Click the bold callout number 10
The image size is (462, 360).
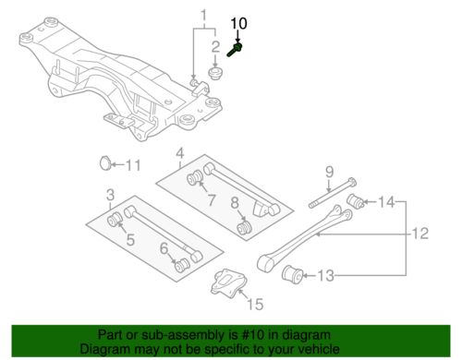coord(238,22)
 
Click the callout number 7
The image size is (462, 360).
coord(212,200)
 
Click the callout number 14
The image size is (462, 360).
coord(385,200)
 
